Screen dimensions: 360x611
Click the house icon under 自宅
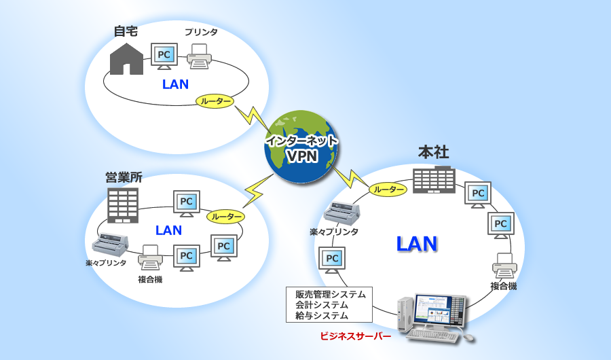click(x=126, y=59)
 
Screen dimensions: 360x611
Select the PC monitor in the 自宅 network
click(x=164, y=55)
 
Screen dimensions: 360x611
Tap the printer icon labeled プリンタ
click(x=200, y=56)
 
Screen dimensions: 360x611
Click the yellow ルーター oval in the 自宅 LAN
click(x=215, y=101)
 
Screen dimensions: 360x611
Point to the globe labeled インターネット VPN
click(x=301, y=147)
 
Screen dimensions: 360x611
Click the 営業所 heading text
click(x=124, y=177)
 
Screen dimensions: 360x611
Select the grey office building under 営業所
click(x=123, y=205)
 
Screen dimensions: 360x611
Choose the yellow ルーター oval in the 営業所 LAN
click(x=225, y=217)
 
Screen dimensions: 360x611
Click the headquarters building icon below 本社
click(x=434, y=180)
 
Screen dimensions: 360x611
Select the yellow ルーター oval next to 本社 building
click(x=388, y=190)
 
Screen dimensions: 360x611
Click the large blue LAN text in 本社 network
click(x=416, y=245)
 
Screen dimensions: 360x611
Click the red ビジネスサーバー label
click(x=355, y=336)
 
